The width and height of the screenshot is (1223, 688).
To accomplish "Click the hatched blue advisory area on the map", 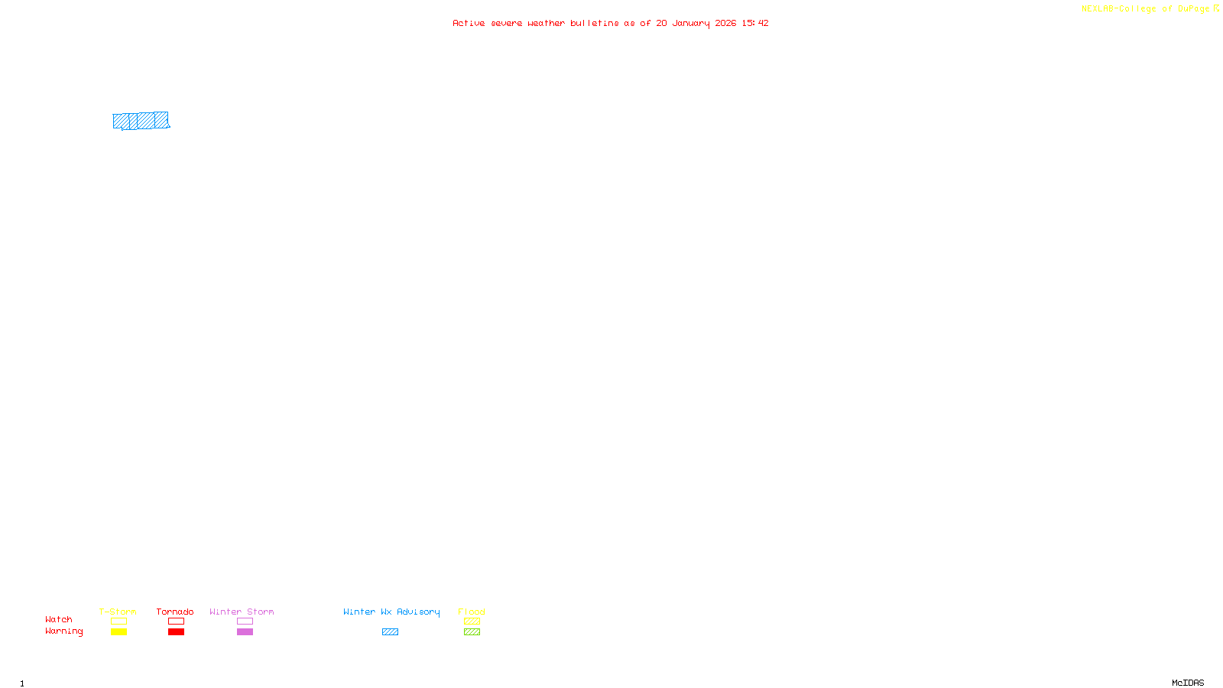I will click(141, 121).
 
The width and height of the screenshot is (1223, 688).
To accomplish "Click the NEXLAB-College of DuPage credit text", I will click(1145, 9).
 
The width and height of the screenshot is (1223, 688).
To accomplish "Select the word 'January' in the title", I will click(690, 24).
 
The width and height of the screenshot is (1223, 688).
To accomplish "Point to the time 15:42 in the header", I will click(754, 24).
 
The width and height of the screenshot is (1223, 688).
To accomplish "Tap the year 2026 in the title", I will click(725, 24).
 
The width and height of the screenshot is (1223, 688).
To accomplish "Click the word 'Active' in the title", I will click(468, 24).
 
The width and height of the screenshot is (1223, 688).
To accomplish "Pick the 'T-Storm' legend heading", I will click(118, 612).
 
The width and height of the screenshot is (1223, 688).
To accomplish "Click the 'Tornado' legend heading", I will click(175, 612).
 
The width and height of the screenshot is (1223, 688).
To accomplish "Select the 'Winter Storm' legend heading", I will click(242, 612).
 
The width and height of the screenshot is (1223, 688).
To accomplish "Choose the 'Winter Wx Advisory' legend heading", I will click(391, 612).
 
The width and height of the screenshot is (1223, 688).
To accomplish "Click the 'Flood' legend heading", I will click(472, 612).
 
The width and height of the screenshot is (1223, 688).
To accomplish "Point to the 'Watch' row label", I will click(59, 620).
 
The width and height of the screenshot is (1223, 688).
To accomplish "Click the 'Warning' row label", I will click(63, 631).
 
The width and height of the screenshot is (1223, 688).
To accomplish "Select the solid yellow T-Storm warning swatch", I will click(118, 632).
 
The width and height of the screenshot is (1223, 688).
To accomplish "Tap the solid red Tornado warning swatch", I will click(176, 632).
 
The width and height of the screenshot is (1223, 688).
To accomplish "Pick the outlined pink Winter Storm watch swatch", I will click(245, 621).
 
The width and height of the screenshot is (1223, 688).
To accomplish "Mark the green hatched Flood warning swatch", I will click(472, 632).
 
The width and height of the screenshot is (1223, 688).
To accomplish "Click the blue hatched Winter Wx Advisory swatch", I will click(390, 632).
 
